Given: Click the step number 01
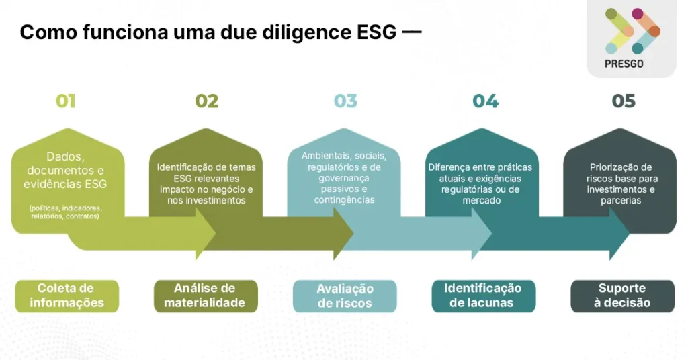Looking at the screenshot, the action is click(65, 101).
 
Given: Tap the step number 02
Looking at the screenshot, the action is click(207, 101).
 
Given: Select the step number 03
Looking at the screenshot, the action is click(346, 101).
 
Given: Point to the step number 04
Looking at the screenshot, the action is click(485, 101).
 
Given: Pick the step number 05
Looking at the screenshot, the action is click(623, 101).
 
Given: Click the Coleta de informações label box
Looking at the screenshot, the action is click(67, 296).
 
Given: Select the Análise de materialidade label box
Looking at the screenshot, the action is click(206, 296).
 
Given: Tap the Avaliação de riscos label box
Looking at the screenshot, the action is click(345, 296).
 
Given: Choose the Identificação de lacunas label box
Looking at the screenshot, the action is click(484, 296).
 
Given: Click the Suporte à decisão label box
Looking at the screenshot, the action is click(622, 296).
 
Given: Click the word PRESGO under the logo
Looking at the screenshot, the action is click(624, 64).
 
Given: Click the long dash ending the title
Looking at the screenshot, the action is click(412, 32).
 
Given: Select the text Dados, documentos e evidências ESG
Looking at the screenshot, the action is click(65, 170).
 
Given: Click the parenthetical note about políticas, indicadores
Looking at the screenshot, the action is click(65, 212).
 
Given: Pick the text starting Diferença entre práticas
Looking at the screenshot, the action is click(480, 184).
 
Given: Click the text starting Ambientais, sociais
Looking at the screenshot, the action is click(344, 177).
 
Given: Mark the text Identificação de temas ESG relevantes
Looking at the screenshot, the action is click(206, 184).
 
